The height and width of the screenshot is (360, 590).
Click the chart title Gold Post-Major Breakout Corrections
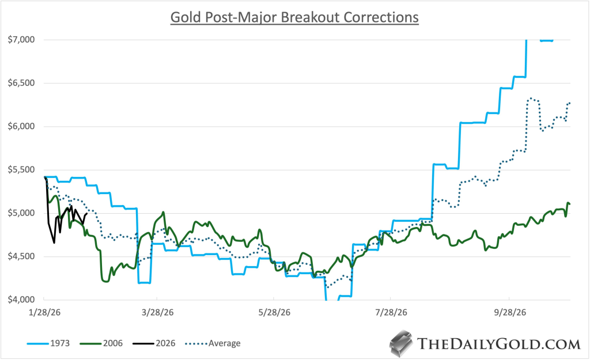click(x=294, y=18)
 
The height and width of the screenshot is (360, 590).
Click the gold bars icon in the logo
click(x=402, y=343)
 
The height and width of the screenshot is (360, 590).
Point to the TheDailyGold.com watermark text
click(x=498, y=344)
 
